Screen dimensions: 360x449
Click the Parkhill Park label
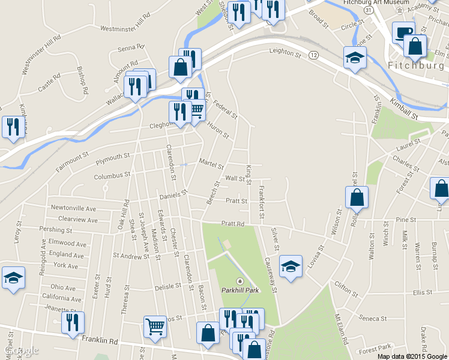coord(240,289)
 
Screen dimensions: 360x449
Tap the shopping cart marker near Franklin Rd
coord(155,327)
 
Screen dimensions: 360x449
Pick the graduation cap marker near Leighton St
coord(355,58)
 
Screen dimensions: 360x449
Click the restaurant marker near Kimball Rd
coord(11,127)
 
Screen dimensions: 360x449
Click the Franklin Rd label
coord(97,340)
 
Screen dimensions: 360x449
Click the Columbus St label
coord(112,176)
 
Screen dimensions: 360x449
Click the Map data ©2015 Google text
coord(411,356)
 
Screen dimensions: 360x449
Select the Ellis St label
coord(423,293)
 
